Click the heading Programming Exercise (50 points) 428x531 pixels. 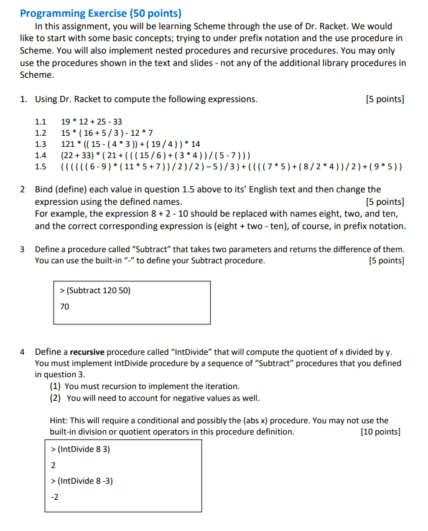pyautogui.click(x=101, y=13)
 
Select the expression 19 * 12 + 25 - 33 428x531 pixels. pyautogui.click(x=91, y=122)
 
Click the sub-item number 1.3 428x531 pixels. pyautogui.click(x=40, y=144)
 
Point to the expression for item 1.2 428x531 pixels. pyautogui.click(x=106, y=133)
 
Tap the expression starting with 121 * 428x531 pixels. pyautogui.click(x=130, y=144)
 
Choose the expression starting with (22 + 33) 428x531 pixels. pyautogui.click(x=156, y=156)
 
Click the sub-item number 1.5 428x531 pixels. pyautogui.click(x=40, y=167)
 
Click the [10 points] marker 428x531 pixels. pyautogui.click(x=380, y=431)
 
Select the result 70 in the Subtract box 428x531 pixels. pyautogui.click(x=65, y=307)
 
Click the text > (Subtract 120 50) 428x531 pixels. pyautogui.click(x=95, y=291)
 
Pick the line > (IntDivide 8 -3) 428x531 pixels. pyautogui.click(x=81, y=481)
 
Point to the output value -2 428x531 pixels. pyautogui.click(x=55, y=497)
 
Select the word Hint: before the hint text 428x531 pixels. pyautogui.click(x=60, y=420)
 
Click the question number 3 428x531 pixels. pyautogui.click(x=23, y=249)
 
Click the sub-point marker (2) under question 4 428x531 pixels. pyautogui.click(x=55, y=398)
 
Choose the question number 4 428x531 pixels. pyautogui.click(x=23, y=352)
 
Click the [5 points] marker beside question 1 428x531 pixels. pyautogui.click(x=385, y=99)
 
